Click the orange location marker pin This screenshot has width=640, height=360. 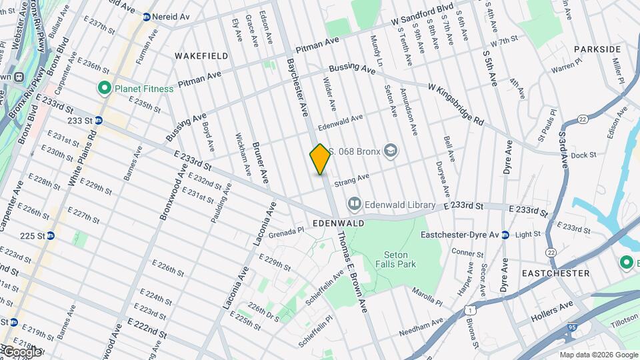(x=320, y=159)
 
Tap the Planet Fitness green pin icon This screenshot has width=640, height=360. (x=104, y=87)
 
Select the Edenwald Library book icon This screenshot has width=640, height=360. (x=354, y=204)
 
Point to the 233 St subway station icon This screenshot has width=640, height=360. (x=98, y=121)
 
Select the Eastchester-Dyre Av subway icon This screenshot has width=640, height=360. (x=505, y=235)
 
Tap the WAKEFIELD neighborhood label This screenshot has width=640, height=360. (x=197, y=55)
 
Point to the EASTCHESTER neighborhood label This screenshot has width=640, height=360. (x=555, y=273)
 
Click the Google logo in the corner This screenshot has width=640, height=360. (x=21, y=352)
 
